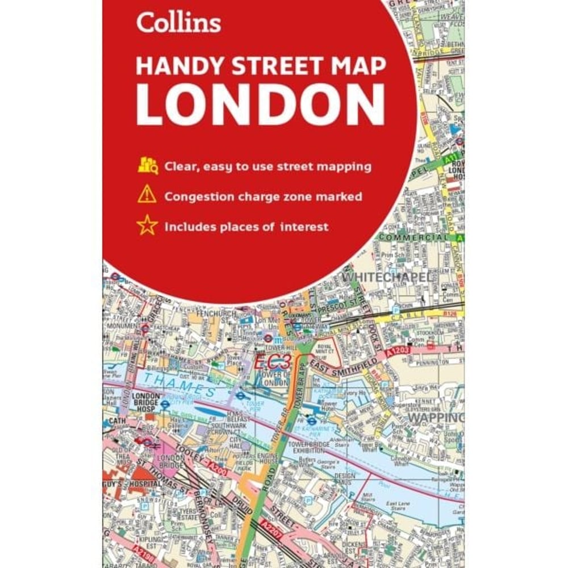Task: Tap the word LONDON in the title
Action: click(x=261, y=106)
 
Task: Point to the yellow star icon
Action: click(x=147, y=226)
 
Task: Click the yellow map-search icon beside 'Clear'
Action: click(x=147, y=166)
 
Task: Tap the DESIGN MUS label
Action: click(x=345, y=479)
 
